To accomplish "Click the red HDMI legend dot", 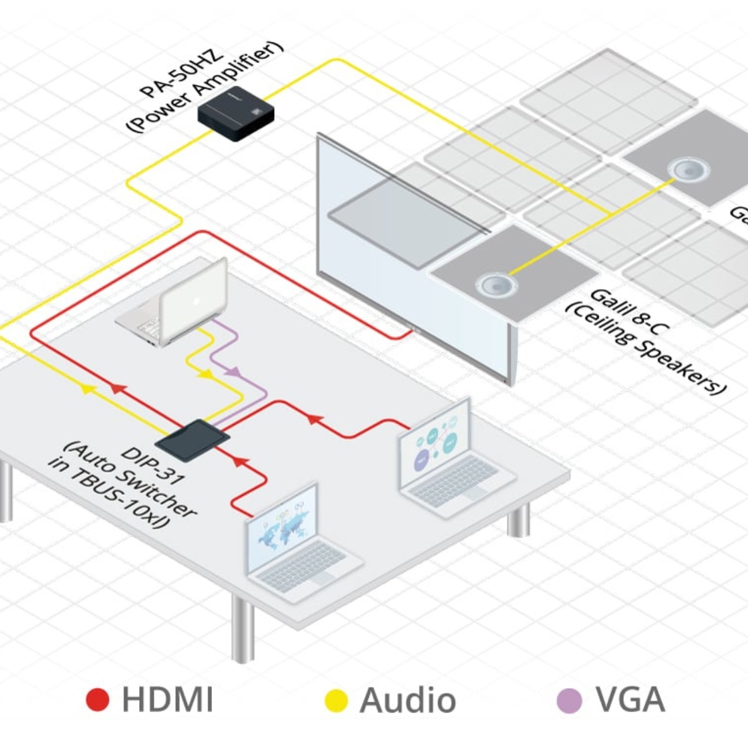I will tap(98, 700).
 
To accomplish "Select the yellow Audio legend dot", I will tap(337, 700).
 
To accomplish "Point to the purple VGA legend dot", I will tap(568, 700).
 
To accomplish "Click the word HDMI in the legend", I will tap(167, 699).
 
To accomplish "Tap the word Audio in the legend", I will tap(408, 700).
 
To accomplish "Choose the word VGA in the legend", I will tap(630, 699).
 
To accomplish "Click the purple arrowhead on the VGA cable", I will tap(233, 372).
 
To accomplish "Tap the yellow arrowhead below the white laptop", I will tap(204, 374).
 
